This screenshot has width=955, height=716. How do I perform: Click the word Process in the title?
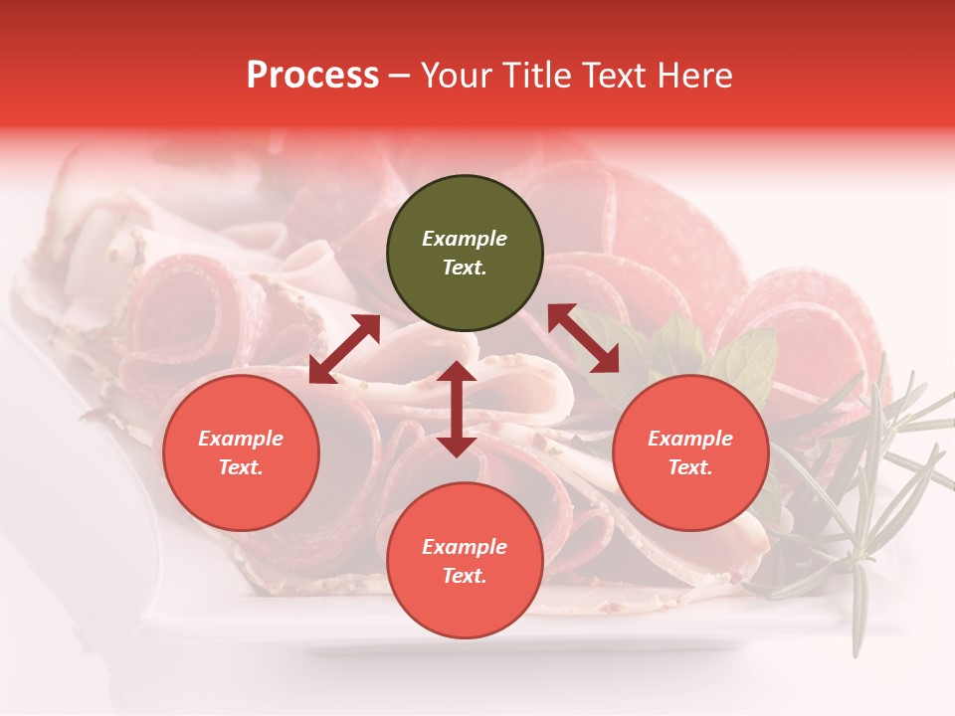tap(312, 76)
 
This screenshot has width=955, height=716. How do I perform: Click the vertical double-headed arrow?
tap(457, 409)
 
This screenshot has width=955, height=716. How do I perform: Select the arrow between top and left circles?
tap(345, 349)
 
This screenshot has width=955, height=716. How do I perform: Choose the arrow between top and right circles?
tap(583, 338)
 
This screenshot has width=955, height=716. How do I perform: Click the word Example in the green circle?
tap(465, 239)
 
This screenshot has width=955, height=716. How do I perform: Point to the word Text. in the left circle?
tap(241, 468)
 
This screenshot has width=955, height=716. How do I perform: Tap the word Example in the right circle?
tap(690, 439)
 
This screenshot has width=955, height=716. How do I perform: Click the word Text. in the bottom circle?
tap(465, 576)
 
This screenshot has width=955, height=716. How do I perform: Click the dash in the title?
tap(400, 76)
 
